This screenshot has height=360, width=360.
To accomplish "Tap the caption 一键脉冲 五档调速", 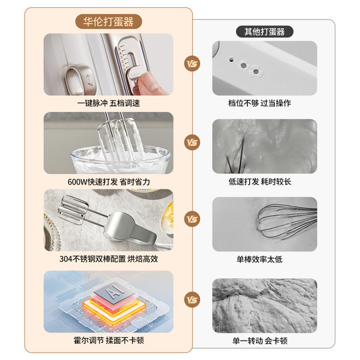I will click(108, 103).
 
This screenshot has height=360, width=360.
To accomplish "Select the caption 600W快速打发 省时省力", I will click(108, 181).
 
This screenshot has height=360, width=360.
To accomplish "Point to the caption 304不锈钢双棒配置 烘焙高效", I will click(108, 259).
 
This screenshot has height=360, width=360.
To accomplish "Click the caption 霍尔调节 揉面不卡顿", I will click(108, 339).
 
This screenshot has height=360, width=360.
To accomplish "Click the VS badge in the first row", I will click(193, 65).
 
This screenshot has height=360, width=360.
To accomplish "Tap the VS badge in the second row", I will click(193, 142).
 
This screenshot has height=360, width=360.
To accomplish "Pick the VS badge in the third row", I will click(193, 219).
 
